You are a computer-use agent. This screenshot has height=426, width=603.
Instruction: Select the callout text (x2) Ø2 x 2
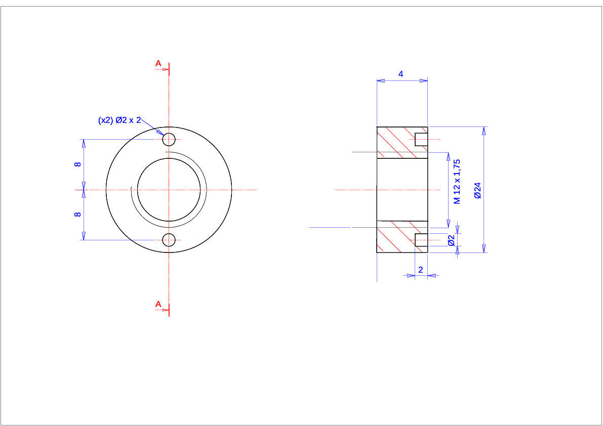119,120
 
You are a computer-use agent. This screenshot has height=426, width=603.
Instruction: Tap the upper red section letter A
158,63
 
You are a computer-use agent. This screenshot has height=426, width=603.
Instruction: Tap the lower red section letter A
158,304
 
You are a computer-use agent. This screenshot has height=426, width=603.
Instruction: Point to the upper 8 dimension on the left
77,164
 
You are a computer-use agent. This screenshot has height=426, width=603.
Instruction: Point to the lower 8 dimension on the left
77,215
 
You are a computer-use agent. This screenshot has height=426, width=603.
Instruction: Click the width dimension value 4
400,74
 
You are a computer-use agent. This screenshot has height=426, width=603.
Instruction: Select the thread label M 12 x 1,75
457,182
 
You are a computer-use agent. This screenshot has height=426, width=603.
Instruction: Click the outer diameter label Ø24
477,190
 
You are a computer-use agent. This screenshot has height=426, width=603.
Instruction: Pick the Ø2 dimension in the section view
452,240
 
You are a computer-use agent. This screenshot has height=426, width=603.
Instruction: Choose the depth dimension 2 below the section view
421,270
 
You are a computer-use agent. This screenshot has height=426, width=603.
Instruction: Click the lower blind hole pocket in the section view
421,240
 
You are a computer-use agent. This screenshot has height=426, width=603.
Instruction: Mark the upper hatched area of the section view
396,142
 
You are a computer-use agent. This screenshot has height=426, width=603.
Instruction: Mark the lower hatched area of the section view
396,237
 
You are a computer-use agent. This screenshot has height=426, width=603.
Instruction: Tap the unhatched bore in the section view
403,190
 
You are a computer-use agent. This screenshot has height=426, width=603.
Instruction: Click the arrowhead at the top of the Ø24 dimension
484,131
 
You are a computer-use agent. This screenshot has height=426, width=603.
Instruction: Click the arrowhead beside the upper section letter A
166,69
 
